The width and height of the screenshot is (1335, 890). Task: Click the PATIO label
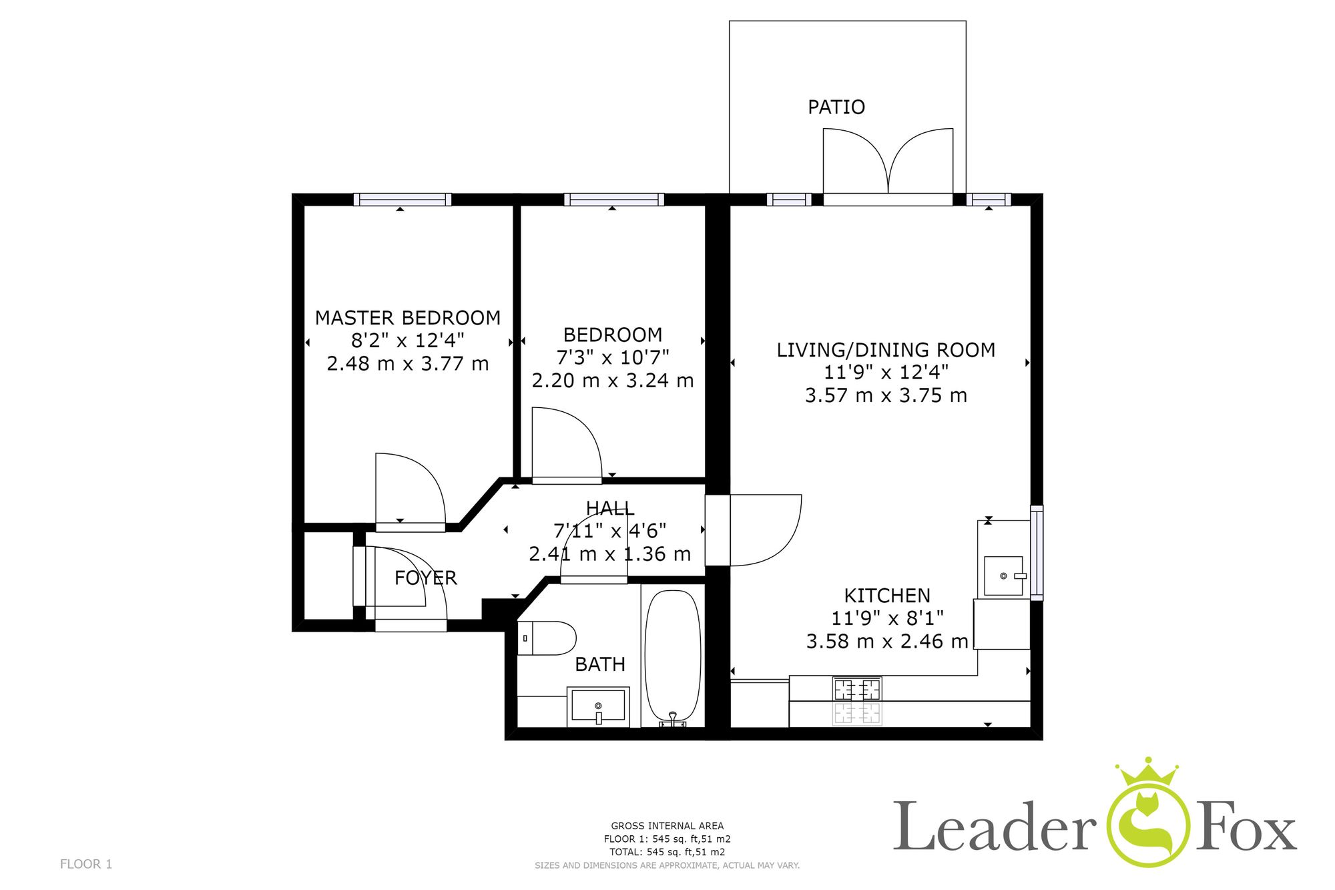tap(836, 107)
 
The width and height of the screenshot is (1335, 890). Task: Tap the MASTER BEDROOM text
tap(408, 318)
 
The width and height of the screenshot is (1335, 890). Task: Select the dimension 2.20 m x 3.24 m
tap(613, 381)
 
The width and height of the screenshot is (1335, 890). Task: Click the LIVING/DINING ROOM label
tap(886, 350)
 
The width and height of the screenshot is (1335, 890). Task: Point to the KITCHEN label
tap(887, 596)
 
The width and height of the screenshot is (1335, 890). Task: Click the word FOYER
tap(426, 578)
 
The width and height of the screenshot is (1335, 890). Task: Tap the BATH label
tap(600, 664)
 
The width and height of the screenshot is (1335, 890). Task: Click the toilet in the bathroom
tap(547, 638)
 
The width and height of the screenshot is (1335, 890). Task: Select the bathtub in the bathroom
tap(673, 657)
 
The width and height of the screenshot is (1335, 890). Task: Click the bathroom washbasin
tap(598, 706)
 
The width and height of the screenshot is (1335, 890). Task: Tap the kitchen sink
tap(1004, 576)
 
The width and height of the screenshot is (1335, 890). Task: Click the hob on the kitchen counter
tap(857, 689)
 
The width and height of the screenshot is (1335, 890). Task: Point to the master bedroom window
tap(403, 200)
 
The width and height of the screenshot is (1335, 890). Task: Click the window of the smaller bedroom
tap(614, 200)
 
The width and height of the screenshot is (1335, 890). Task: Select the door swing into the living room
tap(766, 530)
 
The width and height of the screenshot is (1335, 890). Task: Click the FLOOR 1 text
tap(86, 864)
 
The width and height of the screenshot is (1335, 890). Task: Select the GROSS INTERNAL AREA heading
tap(667, 826)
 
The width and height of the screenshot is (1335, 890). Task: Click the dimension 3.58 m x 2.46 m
tap(887, 642)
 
